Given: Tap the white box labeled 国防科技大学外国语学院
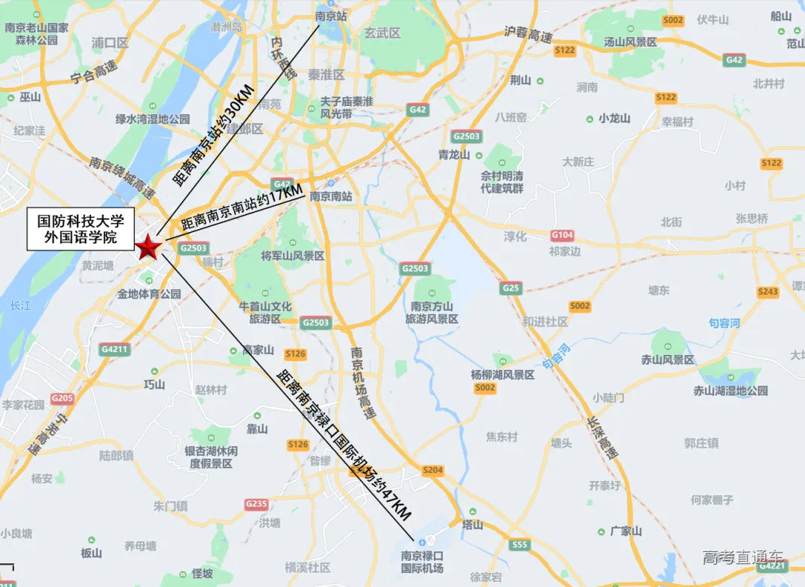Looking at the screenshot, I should click(x=80, y=229).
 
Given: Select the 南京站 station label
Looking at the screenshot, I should click(x=332, y=16).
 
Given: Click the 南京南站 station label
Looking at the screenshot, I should click(x=330, y=197).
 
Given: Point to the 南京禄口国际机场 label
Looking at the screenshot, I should click(x=422, y=562).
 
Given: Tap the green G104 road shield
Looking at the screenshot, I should click(x=563, y=235).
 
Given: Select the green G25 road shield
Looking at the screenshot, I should click(x=511, y=288).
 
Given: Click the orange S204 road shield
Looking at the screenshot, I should click(x=432, y=471).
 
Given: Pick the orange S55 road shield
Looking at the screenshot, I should click(x=520, y=545).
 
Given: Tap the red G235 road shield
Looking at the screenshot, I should click(x=256, y=504).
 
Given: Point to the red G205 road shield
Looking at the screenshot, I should click(x=63, y=398).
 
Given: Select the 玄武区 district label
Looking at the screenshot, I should click(x=382, y=34).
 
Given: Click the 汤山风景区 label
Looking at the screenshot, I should click(x=631, y=42).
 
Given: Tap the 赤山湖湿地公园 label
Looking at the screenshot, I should click(x=730, y=390).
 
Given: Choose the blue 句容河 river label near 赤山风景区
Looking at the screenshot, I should click(x=724, y=323).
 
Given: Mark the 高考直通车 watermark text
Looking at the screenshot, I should click(x=742, y=557).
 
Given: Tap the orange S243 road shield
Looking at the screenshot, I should click(x=768, y=292).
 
